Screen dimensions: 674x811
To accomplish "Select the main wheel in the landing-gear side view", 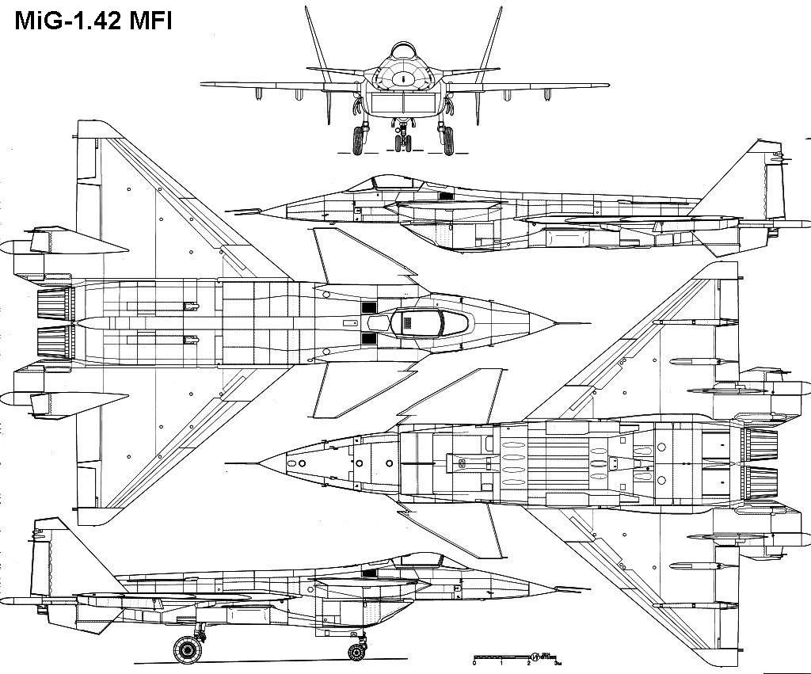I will point(188,649).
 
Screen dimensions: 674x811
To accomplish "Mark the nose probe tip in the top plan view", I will point(588,323).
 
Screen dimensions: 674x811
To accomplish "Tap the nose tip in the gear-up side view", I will point(229,211).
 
